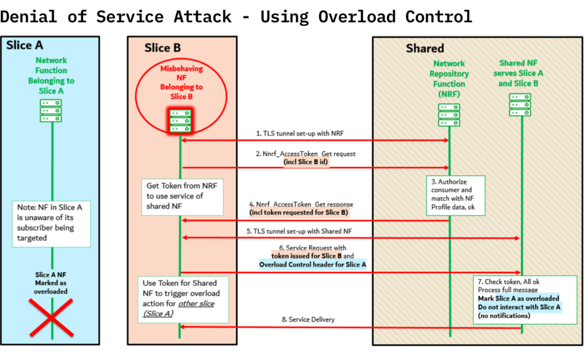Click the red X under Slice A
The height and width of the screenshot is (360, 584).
click(51, 318)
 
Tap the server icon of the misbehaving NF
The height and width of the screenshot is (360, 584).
click(180, 121)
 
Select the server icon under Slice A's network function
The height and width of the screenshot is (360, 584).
click(51, 111)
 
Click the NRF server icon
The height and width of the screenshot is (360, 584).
click(449, 115)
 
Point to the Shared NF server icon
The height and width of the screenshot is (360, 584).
click(520, 104)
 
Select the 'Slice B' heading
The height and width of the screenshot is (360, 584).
click(157, 48)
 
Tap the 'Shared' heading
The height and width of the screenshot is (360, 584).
click(424, 48)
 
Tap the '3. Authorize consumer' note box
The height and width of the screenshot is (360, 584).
click(455, 195)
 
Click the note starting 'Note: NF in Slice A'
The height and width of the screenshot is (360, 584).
click(52, 223)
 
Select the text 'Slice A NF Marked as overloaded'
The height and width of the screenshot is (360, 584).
click(51, 283)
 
